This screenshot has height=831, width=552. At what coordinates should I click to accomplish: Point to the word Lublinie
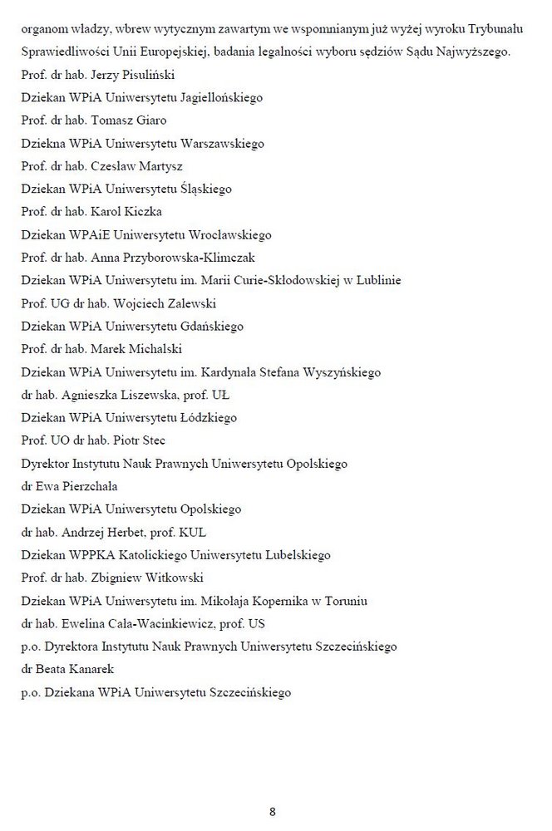(x=375, y=280)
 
